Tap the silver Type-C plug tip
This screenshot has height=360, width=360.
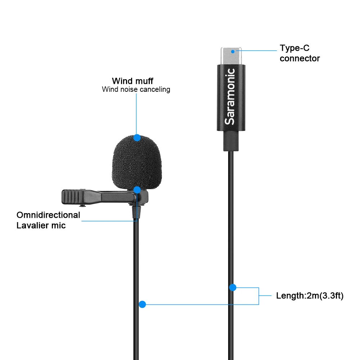[231, 56]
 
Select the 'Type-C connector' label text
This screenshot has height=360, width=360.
[300, 53]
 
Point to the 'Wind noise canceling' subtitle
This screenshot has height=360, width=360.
[136, 89]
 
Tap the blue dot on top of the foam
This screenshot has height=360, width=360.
[136, 138]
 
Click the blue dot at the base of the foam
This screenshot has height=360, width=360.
[137, 189]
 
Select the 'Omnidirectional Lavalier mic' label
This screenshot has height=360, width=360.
[48, 220]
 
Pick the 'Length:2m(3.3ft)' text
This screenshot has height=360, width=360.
[310, 296]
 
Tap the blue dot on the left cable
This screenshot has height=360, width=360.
[142, 304]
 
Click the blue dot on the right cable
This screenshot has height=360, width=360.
[233, 288]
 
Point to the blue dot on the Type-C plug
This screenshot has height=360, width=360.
[233, 51]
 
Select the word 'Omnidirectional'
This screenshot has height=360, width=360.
[48, 215]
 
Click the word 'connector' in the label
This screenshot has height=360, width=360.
[300, 59]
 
